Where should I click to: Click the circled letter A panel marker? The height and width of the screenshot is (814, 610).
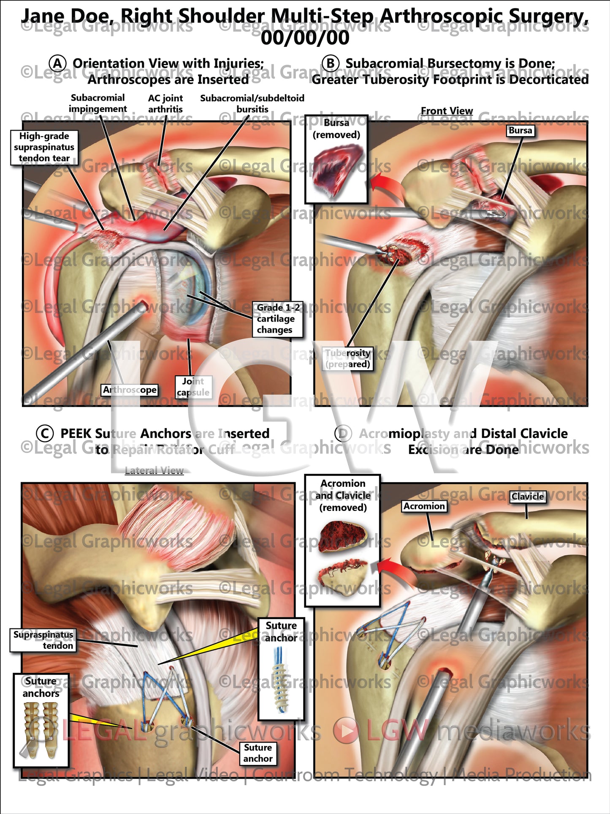point(57,64)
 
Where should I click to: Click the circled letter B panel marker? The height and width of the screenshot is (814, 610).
point(330,64)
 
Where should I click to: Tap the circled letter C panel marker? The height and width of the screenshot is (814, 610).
point(45,434)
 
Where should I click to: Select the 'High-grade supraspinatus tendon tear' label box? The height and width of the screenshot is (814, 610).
point(44,147)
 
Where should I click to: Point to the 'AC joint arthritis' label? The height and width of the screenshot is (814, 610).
point(165,104)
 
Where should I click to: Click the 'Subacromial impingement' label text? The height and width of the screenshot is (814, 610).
point(98,104)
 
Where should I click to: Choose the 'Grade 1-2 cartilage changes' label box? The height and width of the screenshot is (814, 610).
point(277,319)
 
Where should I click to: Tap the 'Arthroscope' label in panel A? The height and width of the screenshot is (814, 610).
point(130,390)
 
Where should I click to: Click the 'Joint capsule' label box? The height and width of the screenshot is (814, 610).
point(193,387)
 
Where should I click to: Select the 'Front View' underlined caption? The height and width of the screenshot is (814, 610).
point(447,111)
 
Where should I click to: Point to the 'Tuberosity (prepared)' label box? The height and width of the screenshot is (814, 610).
point(348,358)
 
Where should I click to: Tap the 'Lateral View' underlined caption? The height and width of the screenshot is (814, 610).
point(154,471)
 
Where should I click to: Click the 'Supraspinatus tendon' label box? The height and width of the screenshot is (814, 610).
point(43,640)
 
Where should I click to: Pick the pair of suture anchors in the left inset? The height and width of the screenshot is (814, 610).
point(41,730)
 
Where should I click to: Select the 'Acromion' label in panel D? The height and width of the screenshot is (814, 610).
point(424,506)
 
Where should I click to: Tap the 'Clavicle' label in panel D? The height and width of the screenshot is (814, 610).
point(527,497)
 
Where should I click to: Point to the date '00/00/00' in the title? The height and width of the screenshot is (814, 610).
point(305,38)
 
